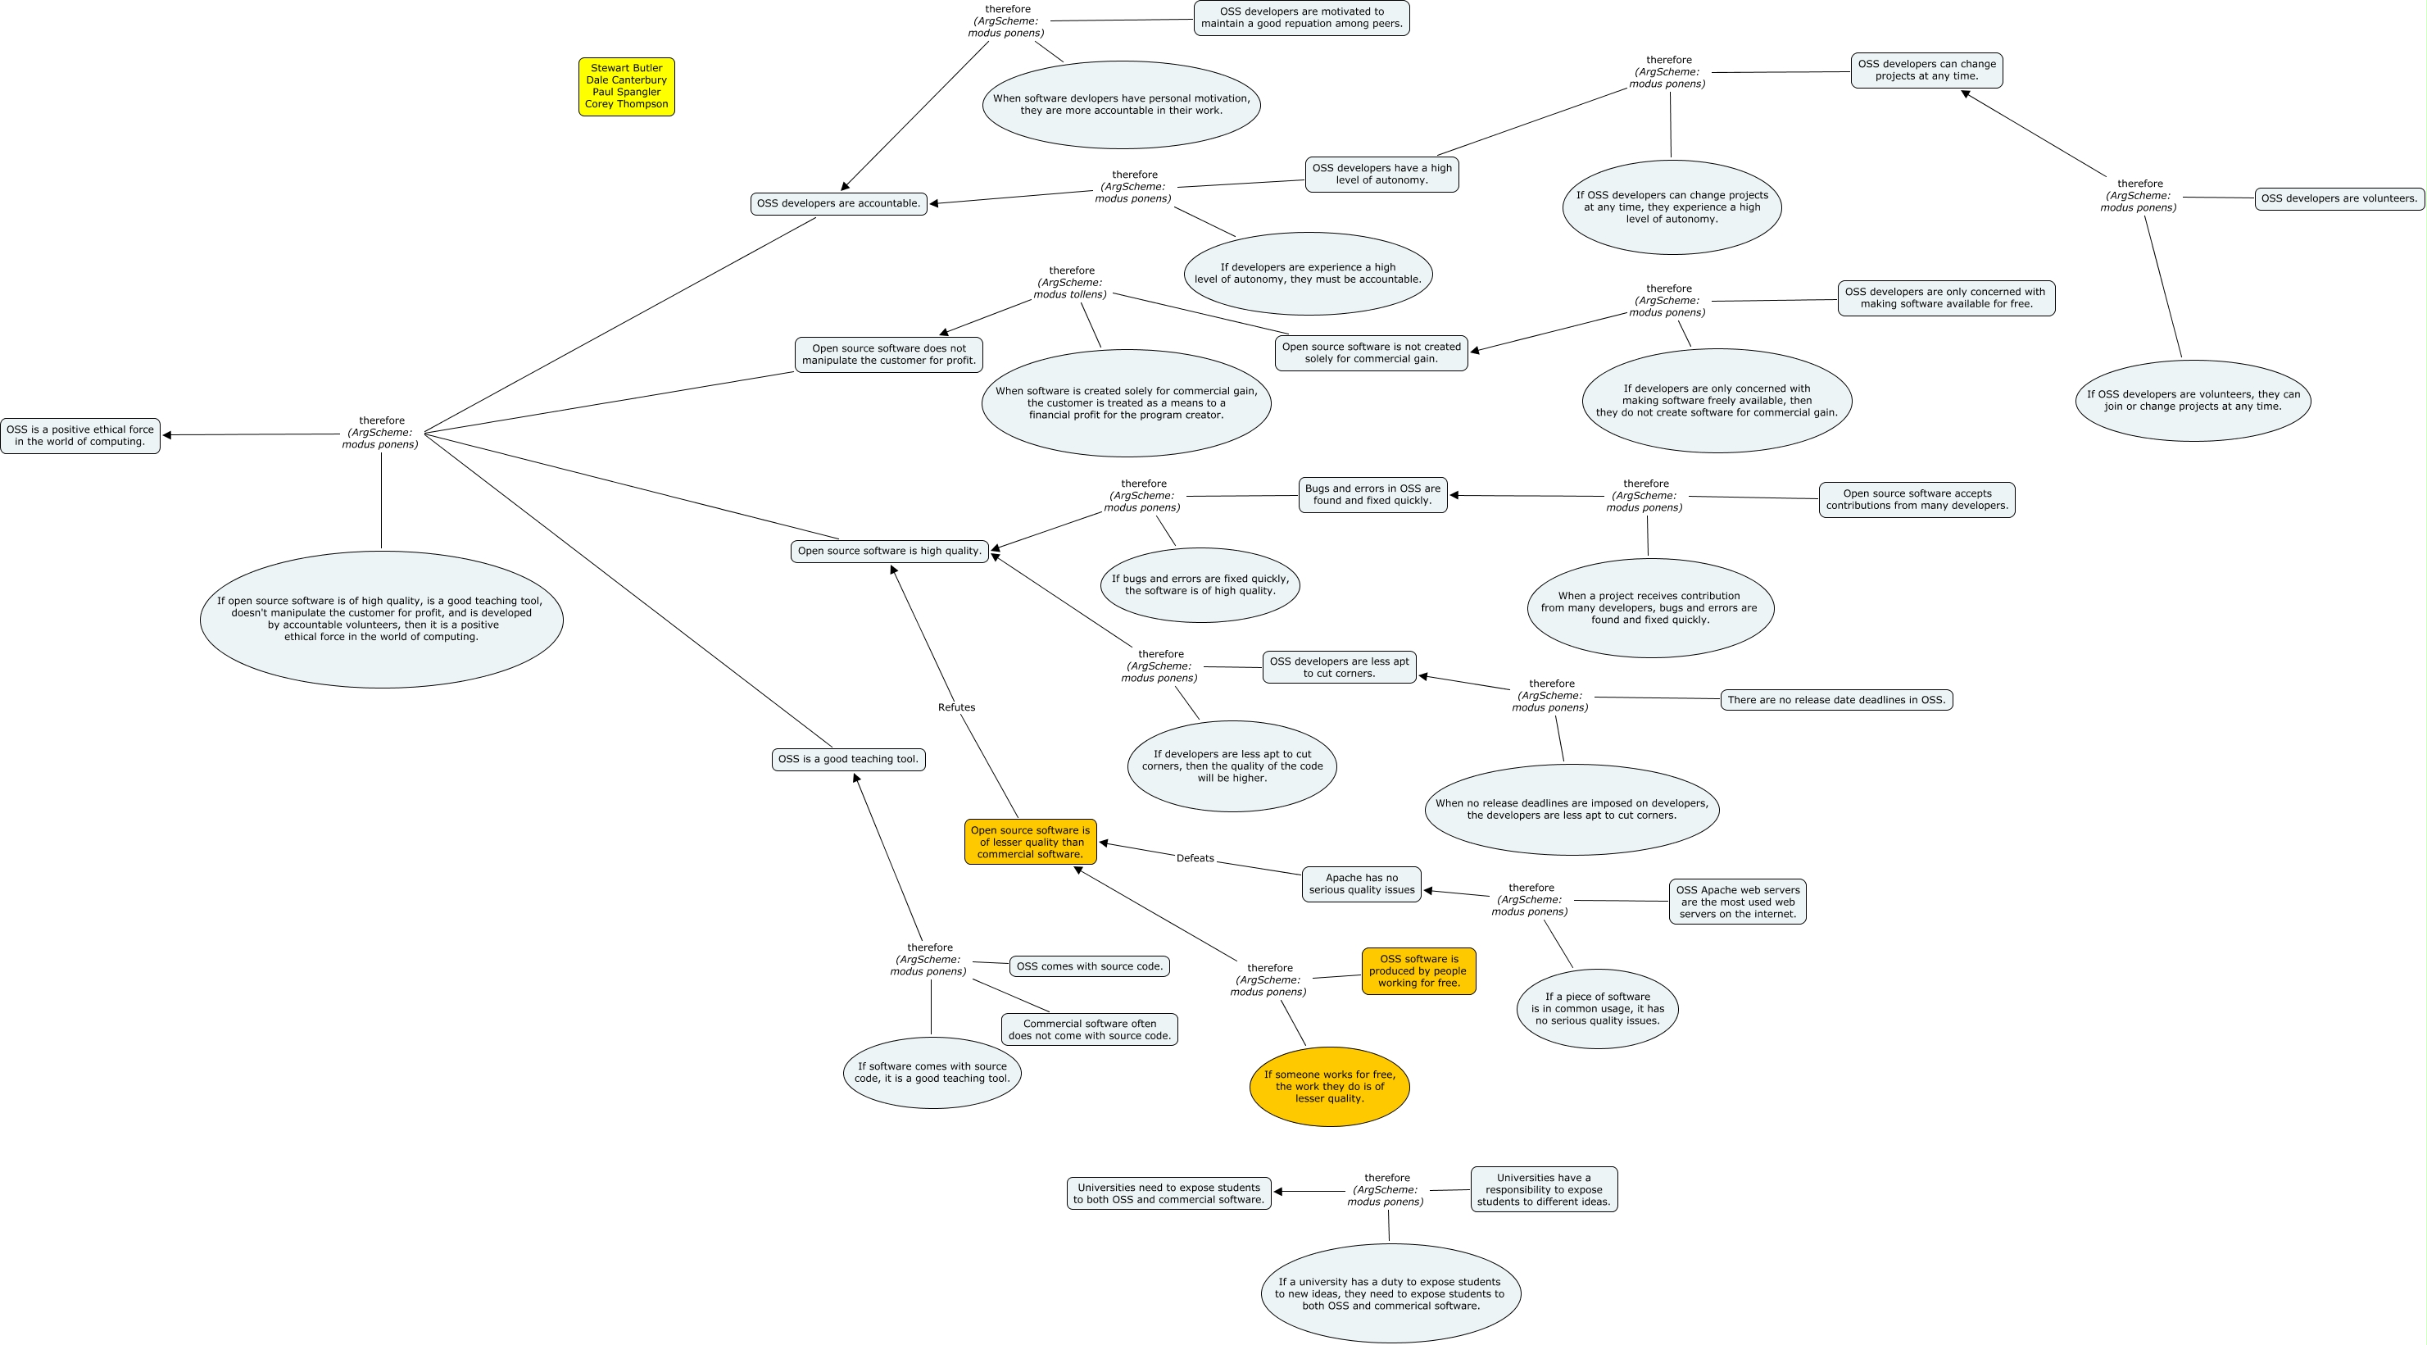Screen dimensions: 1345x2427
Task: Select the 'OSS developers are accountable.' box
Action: tap(837, 203)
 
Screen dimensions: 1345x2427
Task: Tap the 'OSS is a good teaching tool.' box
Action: tap(848, 759)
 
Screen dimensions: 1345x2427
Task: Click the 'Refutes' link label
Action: tap(956, 707)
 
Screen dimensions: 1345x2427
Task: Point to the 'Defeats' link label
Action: tap(1195, 857)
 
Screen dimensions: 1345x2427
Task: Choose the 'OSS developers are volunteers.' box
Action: tap(2339, 198)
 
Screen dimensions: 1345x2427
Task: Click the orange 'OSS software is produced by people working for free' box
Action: tap(1418, 970)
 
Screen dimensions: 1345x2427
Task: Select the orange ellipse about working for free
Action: tap(1329, 1086)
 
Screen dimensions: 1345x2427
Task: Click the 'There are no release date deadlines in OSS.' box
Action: tap(1836, 699)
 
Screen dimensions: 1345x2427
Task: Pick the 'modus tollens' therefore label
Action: tap(1070, 282)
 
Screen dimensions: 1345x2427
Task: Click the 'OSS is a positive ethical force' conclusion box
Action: tap(80, 435)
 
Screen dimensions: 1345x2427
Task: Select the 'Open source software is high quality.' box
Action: tap(889, 551)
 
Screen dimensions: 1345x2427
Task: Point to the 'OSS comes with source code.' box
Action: tap(1089, 966)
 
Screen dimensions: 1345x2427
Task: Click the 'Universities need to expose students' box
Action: tap(1168, 1193)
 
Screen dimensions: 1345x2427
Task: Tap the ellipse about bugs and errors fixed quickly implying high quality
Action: tap(1200, 584)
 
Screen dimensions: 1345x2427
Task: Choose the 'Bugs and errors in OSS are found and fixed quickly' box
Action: tap(1372, 495)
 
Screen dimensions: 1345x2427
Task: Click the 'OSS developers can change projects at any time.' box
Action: tap(1926, 70)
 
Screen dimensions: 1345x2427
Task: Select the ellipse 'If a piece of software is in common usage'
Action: tap(1597, 1008)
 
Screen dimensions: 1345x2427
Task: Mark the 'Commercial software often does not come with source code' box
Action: tap(1089, 1029)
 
